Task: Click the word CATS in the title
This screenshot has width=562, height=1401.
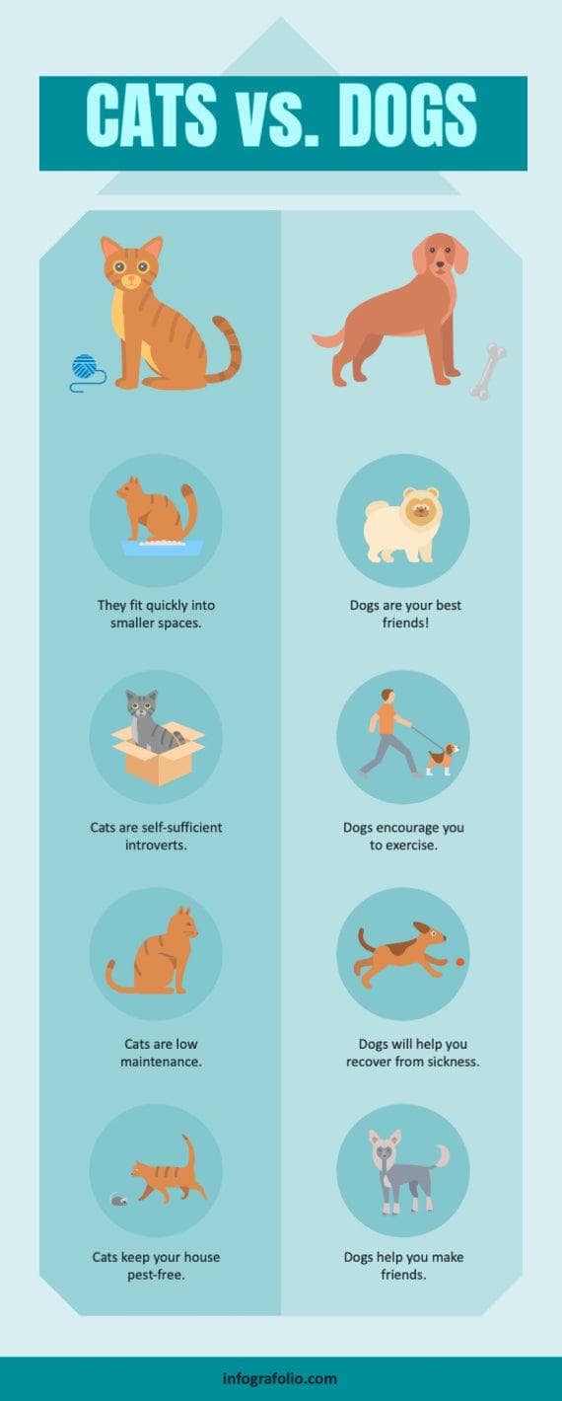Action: (151, 115)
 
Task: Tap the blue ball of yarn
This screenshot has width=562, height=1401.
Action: (88, 368)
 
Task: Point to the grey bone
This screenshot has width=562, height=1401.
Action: (487, 371)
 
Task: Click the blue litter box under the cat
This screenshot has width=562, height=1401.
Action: (162, 547)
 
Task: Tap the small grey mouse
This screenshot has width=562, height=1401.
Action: (117, 1200)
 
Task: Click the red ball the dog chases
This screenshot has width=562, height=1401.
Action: (460, 959)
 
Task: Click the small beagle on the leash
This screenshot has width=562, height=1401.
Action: (444, 758)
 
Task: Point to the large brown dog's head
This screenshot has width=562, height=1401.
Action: (441, 257)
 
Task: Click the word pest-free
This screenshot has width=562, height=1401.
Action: (156, 1275)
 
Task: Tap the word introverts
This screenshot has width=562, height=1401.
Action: (156, 845)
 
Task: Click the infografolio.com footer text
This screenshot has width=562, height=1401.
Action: (280, 1378)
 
